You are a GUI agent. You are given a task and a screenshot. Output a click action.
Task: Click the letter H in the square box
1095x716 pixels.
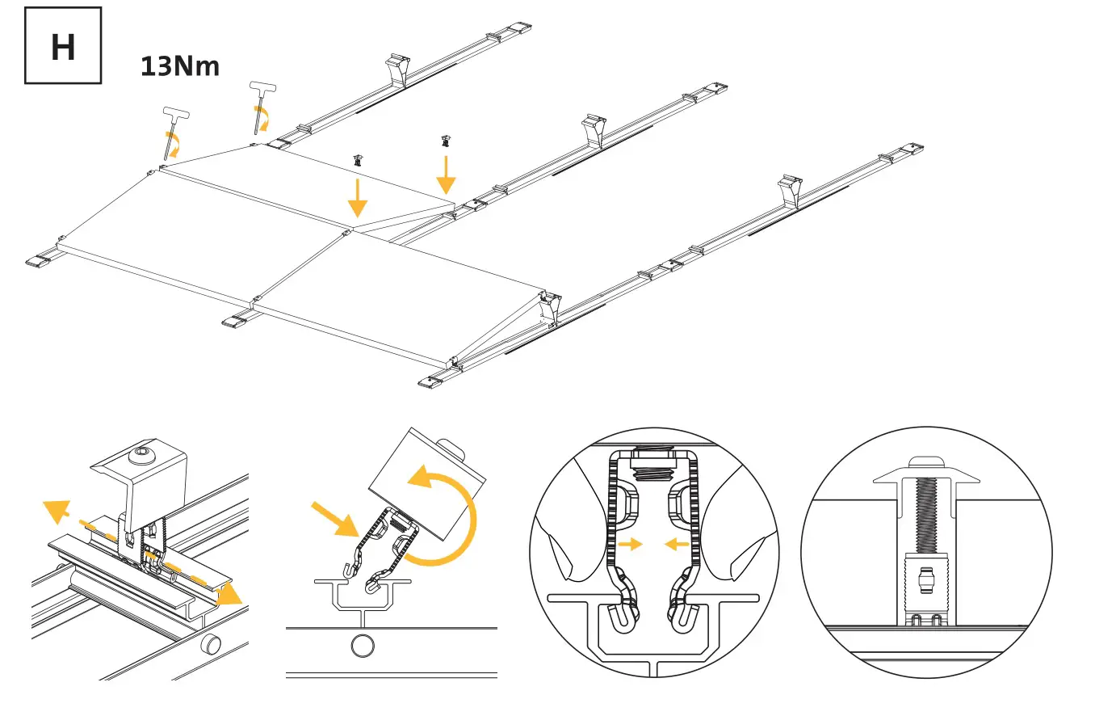tap(63, 47)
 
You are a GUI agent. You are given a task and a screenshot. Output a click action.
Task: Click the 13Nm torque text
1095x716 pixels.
tap(180, 65)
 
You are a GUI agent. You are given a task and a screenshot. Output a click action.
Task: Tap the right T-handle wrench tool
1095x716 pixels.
tap(261, 104)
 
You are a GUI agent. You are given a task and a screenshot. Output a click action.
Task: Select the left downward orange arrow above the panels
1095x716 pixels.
tap(355, 196)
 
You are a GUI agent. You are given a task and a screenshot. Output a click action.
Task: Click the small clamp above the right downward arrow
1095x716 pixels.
tap(445, 141)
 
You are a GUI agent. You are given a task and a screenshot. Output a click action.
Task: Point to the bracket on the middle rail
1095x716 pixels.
tap(594, 129)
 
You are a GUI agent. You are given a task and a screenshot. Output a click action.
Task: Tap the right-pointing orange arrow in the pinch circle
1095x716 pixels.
tap(630, 545)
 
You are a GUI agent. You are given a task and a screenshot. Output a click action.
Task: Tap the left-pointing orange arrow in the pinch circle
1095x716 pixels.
tap(676, 545)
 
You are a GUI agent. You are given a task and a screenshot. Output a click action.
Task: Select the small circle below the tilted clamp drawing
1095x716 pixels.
tap(363, 646)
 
